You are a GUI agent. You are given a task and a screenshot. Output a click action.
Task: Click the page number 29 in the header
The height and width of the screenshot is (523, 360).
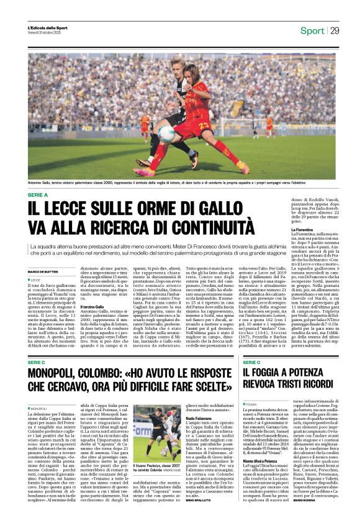pos(335,30)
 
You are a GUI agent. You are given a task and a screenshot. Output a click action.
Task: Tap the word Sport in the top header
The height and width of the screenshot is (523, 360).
pos(312,30)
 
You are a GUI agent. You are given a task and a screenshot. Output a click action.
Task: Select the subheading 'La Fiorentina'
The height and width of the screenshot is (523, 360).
pos(304,229)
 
